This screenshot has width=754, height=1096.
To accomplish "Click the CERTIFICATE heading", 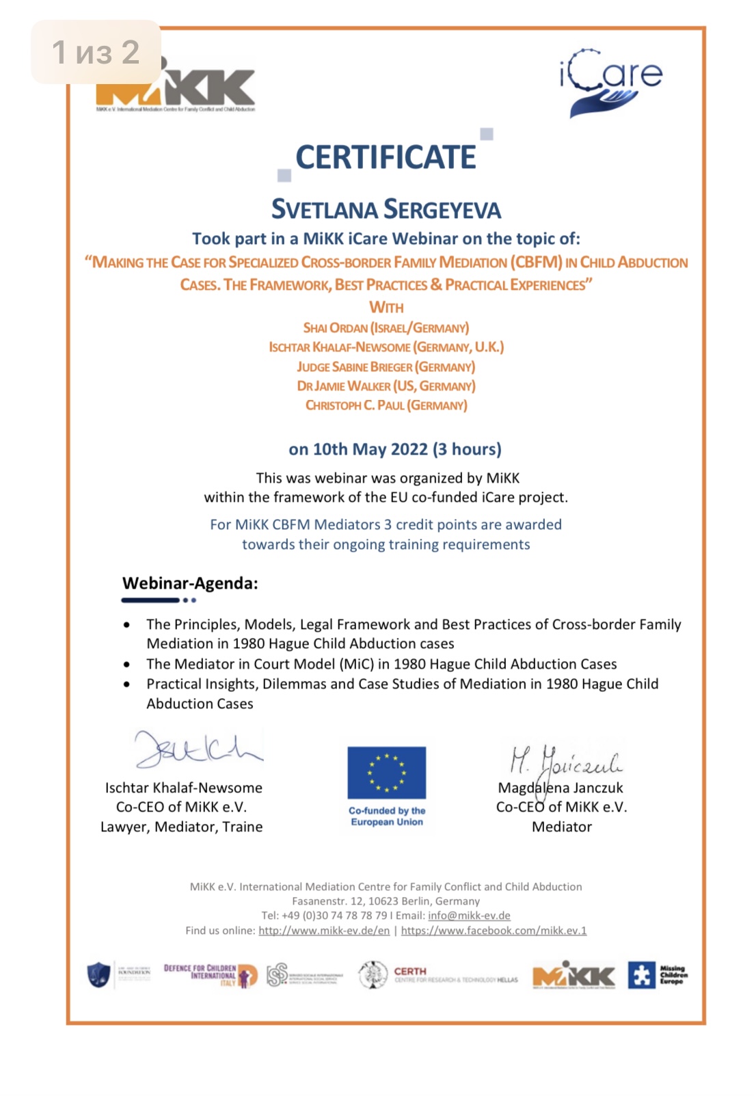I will point(386,157).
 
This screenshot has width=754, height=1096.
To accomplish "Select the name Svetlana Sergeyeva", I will point(386,209).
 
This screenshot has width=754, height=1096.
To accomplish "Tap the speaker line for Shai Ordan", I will point(386,328).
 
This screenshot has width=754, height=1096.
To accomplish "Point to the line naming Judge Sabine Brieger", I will point(386,367).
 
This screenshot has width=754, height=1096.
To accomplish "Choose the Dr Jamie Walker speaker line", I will point(386,386).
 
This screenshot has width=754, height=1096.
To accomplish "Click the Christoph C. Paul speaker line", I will point(386,405).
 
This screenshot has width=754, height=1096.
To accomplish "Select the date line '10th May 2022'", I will point(394,449).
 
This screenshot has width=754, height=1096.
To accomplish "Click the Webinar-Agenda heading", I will point(190,583).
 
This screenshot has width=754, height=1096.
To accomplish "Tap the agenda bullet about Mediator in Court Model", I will point(381,664).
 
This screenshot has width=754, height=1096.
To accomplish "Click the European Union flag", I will point(386,773).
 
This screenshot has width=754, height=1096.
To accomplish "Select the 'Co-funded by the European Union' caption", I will point(387,816).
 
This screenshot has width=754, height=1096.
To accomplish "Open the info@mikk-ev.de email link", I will point(469,915).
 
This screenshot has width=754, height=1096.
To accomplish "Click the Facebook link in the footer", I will point(494,931).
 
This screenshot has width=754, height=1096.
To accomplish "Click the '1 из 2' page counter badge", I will point(96,52).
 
